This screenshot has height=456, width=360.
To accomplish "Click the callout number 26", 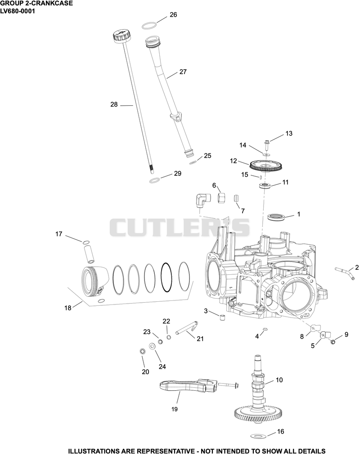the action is tap(173, 14).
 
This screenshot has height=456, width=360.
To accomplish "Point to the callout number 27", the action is tap(183, 72).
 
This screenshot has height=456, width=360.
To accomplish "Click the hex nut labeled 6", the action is tap(222, 198).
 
